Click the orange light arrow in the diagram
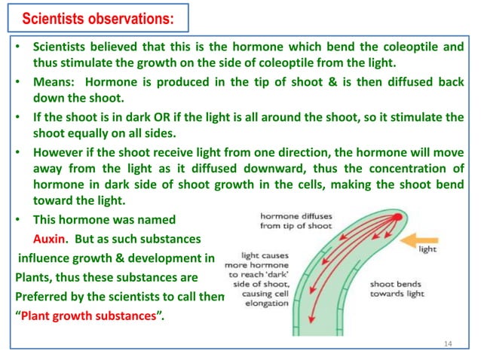[x=418, y=241]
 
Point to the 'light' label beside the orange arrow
[x=427, y=249]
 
